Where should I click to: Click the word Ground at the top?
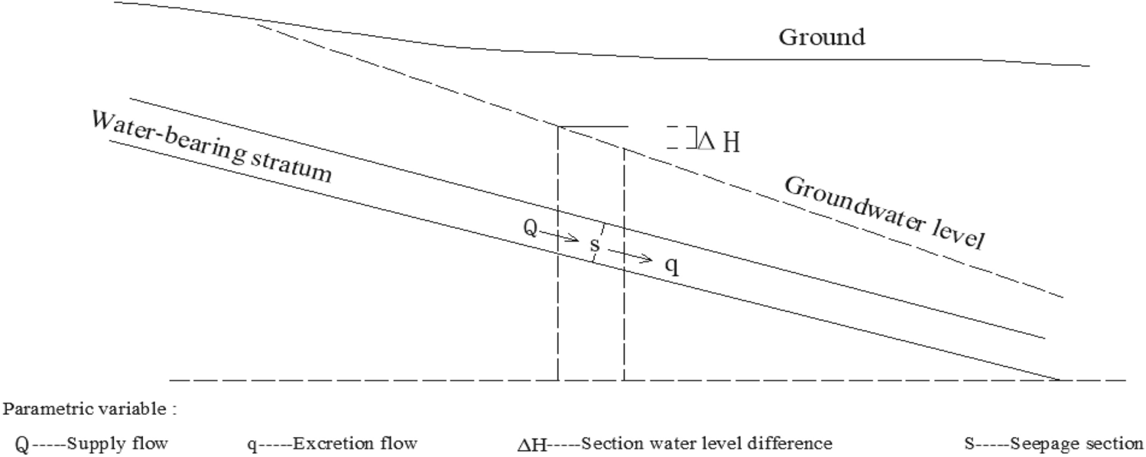pos(822,36)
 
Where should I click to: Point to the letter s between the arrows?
pos(595,245)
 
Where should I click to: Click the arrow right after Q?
pos(564,238)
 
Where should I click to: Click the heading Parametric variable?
pos(90,409)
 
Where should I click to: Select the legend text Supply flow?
pos(116,444)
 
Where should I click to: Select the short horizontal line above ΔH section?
pos(592,127)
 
